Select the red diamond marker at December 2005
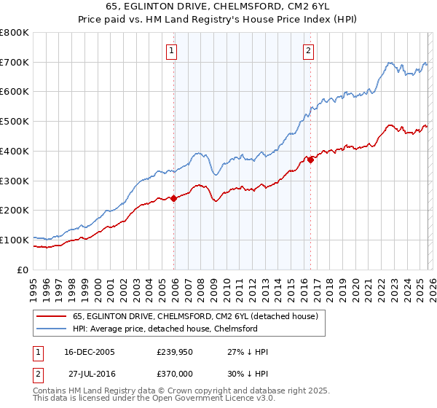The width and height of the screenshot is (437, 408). (x=174, y=198)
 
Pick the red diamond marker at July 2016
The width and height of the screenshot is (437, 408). (x=310, y=160)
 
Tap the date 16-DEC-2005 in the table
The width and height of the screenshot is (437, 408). (x=90, y=352)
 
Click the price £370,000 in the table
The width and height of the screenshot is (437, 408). (x=176, y=372)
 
